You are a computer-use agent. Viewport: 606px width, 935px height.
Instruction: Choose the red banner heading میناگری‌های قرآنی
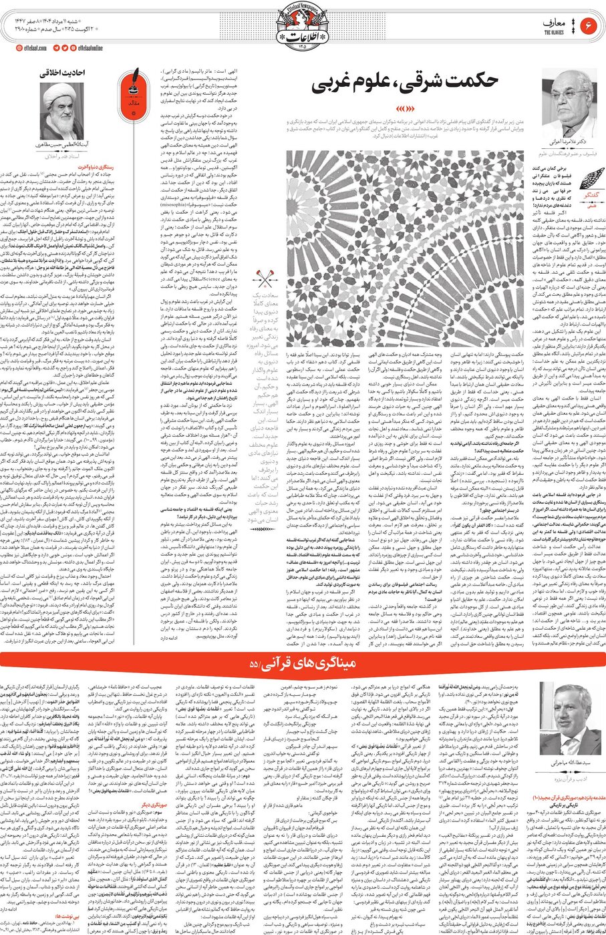click(x=303, y=664)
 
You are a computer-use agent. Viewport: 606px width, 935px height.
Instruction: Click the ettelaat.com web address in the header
click(x=33, y=48)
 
